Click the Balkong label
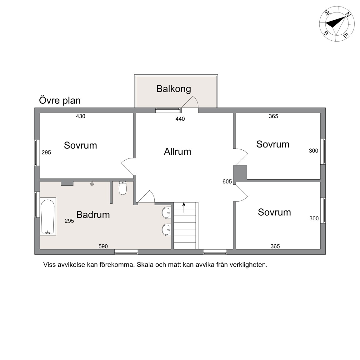173,89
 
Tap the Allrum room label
177,152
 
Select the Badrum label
93,215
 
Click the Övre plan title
60,101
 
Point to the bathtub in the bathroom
48,217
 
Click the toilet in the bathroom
122,188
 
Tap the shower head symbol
92,183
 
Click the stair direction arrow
184,207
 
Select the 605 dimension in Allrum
227,182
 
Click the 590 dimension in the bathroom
103,246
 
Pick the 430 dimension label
81,116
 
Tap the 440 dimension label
180,119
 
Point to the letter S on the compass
326,33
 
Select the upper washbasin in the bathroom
166,213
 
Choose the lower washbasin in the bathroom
166,230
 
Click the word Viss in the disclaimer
50,265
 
